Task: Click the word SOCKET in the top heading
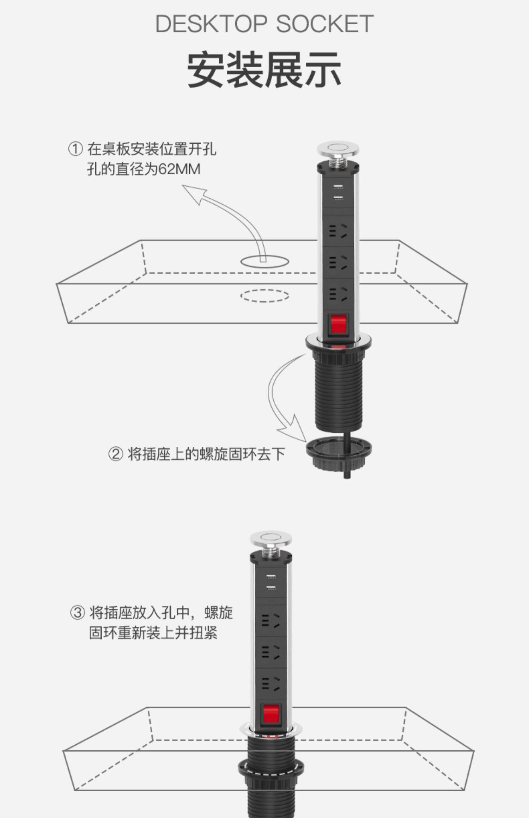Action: pyautogui.click(x=324, y=24)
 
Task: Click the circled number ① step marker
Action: pyautogui.click(x=75, y=149)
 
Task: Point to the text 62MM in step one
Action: pyautogui.click(x=179, y=169)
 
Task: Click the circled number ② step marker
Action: pyautogui.click(x=115, y=454)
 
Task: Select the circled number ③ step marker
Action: pyautogui.click(x=78, y=613)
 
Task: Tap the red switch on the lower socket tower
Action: pyautogui.click(x=272, y=715)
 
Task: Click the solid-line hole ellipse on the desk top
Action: pyautogui.click(x=264, y=261)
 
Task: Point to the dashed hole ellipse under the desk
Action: pyautogui.click(x=264, y=296)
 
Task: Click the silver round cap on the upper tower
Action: pyautogui.click(x=338, y=148)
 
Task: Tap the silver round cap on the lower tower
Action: pyautogui.click(x=271, y=539)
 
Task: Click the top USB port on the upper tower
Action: pyautogui.click(x=338, y=187)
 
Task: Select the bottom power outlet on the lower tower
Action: pyautogui.click(x=271, y=683)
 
